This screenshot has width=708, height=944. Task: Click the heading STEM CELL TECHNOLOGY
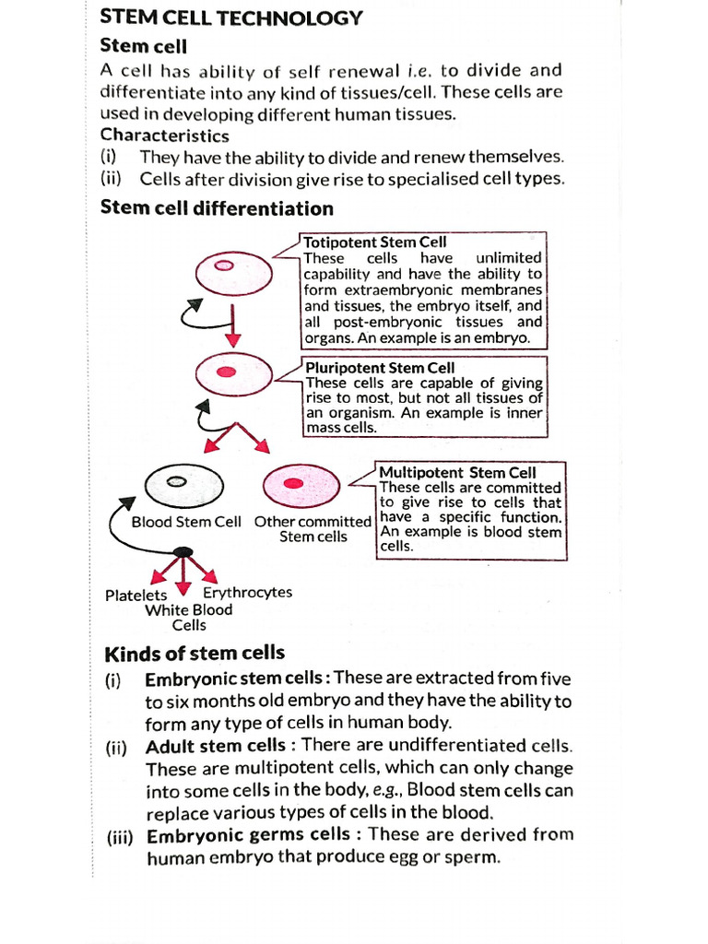(x=230, y=18)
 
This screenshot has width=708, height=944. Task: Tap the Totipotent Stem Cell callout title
(x=375, y=243)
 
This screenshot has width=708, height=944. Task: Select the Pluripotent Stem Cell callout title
(x=380, y=368)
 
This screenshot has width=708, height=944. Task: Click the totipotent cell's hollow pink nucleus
(x=224, y=265)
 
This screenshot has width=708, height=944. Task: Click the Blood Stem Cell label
(x=186, y=522)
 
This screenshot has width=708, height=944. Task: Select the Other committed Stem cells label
(x=313, y=529)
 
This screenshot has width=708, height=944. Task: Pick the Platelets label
(x=136, y=596)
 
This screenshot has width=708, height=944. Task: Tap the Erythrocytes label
(x=247, y=592)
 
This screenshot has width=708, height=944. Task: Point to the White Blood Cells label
(x=189, y=618)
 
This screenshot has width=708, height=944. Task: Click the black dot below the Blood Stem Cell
(x=183, y=552)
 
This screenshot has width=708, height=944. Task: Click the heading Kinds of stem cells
(x=195, y=655)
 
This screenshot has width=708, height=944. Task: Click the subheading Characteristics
(x=164, y=136)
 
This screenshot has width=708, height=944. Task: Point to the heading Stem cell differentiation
(x=217, y=207)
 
